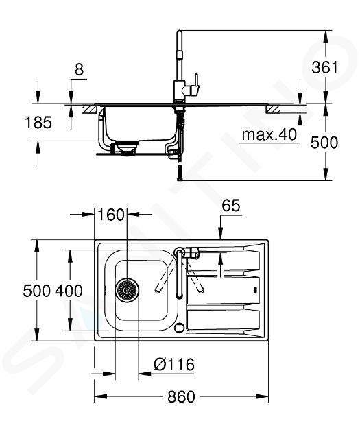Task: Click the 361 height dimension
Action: coord(324,67)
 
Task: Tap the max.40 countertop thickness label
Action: coord(269,134)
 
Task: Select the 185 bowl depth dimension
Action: coord(38,122)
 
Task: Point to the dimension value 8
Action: coord(79,69)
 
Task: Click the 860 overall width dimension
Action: coord(181,397)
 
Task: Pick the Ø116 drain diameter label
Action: coord(174,364)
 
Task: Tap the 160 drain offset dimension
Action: coord(111,215)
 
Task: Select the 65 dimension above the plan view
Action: coord(231,205)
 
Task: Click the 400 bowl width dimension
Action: coord(69,291)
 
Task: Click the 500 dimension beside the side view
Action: coord(324,143)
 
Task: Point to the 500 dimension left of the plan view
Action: coord(36,291)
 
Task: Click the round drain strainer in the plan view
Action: coord(127,290)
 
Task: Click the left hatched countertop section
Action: coord(90,110)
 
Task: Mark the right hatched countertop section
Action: coord(273,109)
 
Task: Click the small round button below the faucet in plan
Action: coord(179,327)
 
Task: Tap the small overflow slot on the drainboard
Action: coord(255,290)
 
